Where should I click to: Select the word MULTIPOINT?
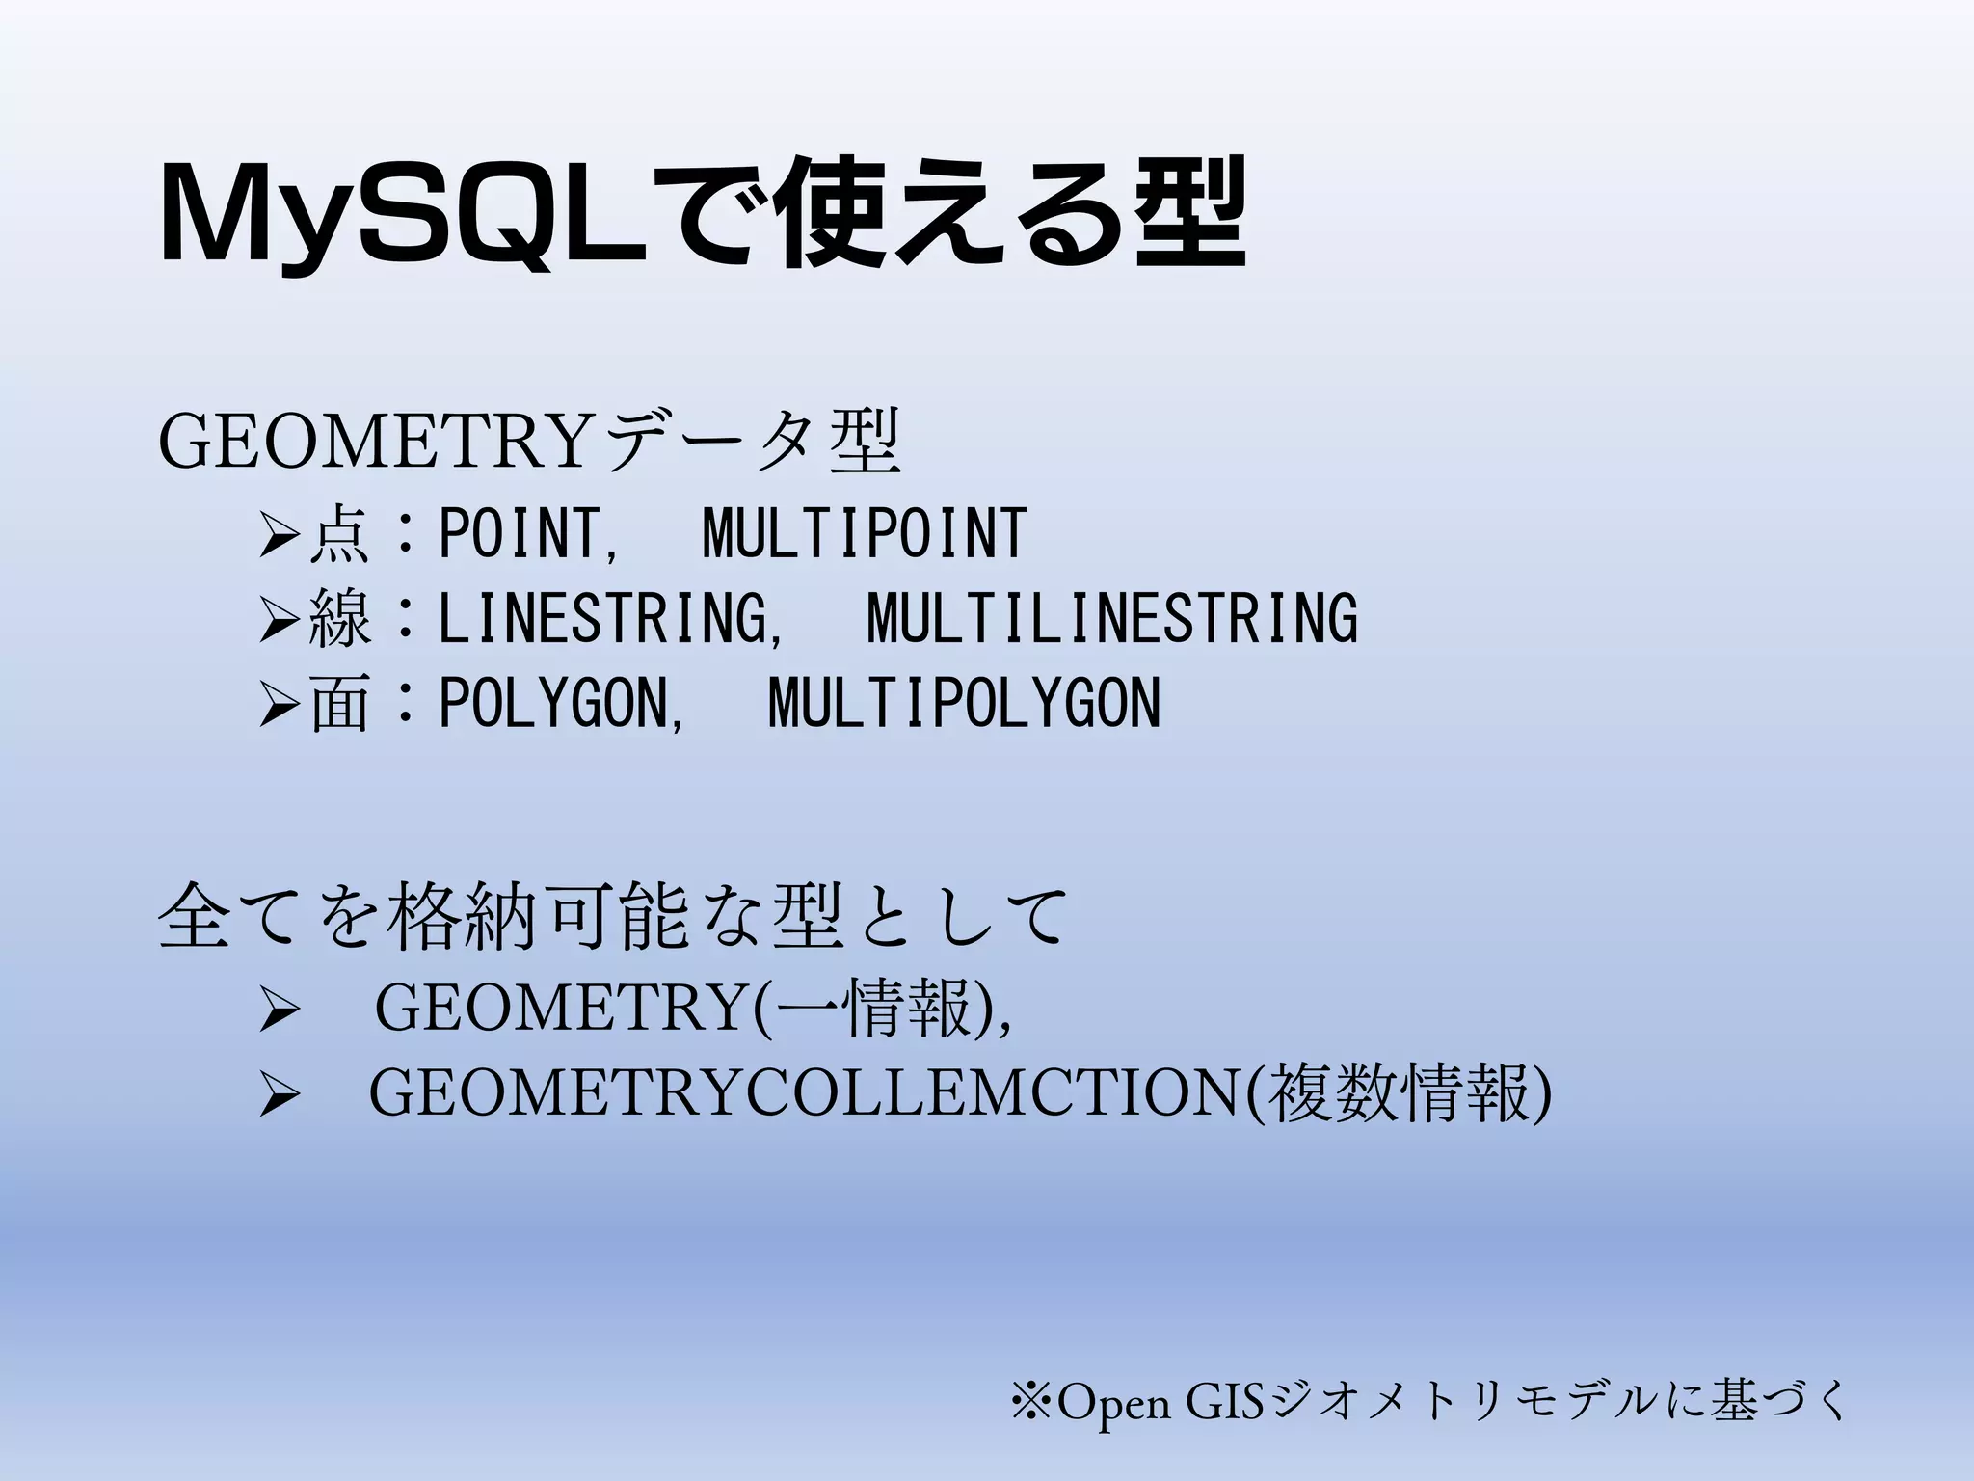click(865, 533)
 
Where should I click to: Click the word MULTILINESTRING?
click(1112, 618)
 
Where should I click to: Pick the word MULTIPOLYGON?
click(965, 703)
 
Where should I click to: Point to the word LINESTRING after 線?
click(603, 618)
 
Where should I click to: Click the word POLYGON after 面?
click(553, 703)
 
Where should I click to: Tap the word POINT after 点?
click(519, 533)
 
